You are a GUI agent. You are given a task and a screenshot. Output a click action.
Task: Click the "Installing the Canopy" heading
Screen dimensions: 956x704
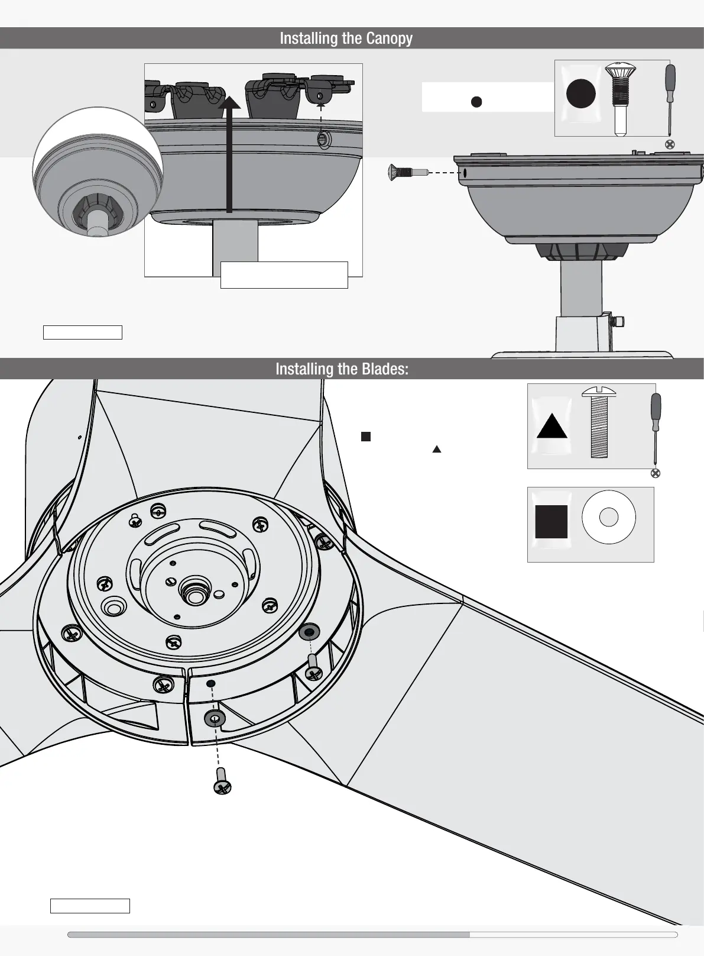(346, 38)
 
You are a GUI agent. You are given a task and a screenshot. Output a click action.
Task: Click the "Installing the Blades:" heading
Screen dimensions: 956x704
(342, 369)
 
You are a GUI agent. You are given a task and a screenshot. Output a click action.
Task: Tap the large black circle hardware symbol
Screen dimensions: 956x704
(580, 94)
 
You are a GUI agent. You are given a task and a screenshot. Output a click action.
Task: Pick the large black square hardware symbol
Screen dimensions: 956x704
(551, 521)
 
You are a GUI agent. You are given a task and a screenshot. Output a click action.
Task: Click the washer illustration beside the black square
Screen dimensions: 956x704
(608, 518)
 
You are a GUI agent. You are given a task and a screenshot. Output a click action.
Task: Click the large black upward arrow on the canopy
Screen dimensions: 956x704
(229, 154)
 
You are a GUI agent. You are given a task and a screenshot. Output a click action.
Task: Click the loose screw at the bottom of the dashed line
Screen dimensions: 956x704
(222, 781)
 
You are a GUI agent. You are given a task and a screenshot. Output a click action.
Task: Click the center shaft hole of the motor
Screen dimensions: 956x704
(194, 590)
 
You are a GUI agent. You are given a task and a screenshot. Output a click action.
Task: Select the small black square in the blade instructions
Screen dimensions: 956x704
(365, 437)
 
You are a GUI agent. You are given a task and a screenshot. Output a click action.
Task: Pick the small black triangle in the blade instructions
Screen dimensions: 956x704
(437, 450)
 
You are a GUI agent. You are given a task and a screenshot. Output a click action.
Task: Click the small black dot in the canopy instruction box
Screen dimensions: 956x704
(476, 102)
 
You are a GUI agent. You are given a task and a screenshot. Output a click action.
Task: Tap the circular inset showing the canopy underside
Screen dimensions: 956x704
(98, 172)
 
